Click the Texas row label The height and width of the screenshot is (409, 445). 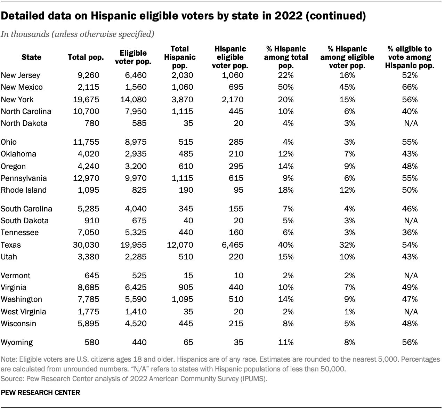11,245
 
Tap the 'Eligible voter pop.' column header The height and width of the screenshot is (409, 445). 133,57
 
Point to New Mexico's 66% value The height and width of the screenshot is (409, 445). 410,87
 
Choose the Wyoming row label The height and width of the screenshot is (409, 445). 17,343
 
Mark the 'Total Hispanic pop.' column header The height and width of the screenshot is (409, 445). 180,57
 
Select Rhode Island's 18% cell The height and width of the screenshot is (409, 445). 286,190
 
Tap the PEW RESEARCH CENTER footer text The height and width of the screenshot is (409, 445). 41,393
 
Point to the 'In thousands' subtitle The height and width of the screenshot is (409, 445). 78,34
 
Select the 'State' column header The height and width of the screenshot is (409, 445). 31,57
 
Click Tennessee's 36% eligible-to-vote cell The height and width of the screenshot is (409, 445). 410,233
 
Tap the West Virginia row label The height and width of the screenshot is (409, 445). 23,312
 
